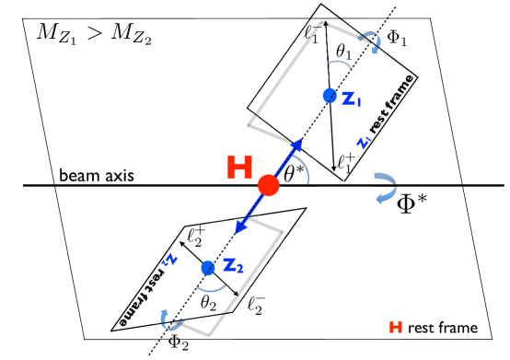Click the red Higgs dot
268,185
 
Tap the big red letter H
240,168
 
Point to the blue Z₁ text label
352,98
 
